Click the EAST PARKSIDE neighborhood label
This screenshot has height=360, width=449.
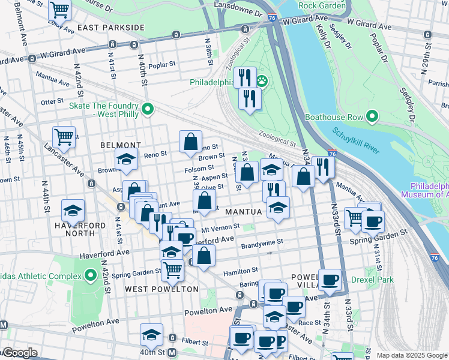(x=110, y=28)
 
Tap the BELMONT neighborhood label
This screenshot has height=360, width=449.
(x=121, y=145)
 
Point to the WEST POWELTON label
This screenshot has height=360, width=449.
(x=161, y=289)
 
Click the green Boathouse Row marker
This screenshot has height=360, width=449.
(x=372, y=116)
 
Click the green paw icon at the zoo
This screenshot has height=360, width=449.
(x=262, y=81)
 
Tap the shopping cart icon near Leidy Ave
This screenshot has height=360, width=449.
(x=60, y=10)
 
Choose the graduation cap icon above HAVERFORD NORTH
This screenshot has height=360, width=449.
(x=73, y=211)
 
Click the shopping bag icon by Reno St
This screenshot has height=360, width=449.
(x=190, y=142)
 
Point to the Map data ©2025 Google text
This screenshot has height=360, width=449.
(x=412, y=355)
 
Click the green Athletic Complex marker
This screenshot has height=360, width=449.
(x=91, y=276)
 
